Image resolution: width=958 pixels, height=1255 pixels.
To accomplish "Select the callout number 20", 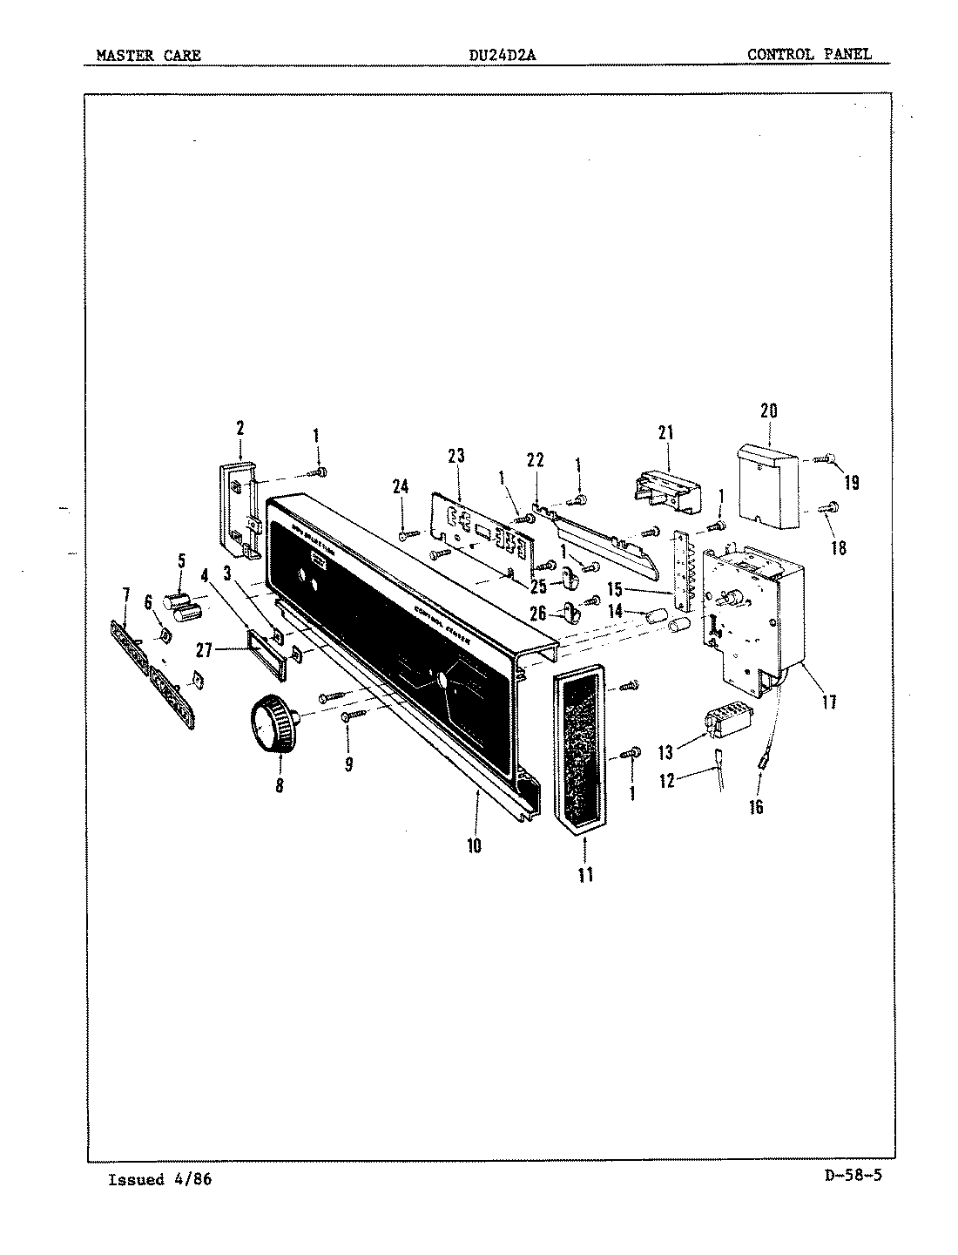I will (768, 410).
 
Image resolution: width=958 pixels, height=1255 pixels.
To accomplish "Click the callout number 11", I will (585, 874).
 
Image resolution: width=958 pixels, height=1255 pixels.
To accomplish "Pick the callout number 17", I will (829, 700).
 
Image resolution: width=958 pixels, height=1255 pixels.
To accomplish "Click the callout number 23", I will (455, 456).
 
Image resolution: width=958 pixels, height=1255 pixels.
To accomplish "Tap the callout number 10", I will (474, 845).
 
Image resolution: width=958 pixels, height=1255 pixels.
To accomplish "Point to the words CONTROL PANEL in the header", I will (808, 54).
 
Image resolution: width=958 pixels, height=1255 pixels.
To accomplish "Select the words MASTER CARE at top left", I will (148, 55).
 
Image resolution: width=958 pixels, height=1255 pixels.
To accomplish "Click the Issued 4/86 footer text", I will (159, 1180).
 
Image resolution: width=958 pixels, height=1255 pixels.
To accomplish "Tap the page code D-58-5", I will (852, 1175).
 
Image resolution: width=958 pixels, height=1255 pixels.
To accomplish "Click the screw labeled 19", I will (824, 458).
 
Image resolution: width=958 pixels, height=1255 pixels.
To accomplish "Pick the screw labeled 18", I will (829, 505).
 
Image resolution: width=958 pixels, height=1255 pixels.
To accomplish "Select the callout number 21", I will (666, 433).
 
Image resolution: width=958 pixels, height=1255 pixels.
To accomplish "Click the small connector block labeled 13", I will (725, 722).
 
